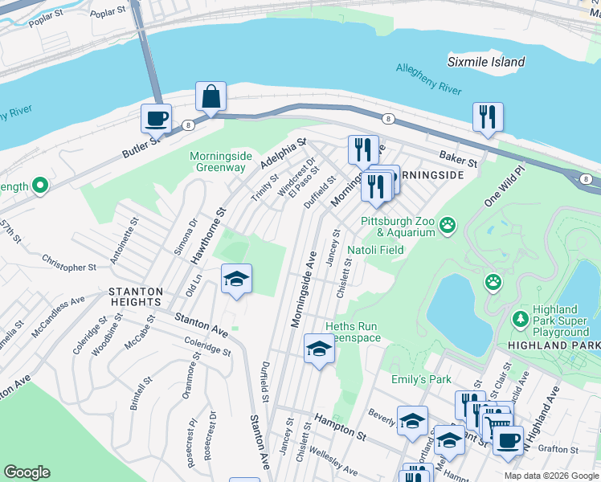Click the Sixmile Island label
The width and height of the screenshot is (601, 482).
(486, 62)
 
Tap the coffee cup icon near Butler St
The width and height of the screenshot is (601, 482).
(156, 118)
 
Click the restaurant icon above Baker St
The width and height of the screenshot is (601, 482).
(488, 117)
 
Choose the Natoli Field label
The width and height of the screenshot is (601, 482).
(375, 250)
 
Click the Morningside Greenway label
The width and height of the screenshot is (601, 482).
(218, 161)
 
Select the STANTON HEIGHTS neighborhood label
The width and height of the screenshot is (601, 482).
(131, 296)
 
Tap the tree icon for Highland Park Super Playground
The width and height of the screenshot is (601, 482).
(521, 319)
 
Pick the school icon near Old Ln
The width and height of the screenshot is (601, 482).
(236, 279)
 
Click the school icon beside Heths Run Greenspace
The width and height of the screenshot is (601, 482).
(319, 349)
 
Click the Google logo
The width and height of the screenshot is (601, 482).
(27, 472)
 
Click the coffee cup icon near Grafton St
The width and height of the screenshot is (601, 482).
(508, 440)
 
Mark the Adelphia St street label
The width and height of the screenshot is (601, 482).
(284, 153)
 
